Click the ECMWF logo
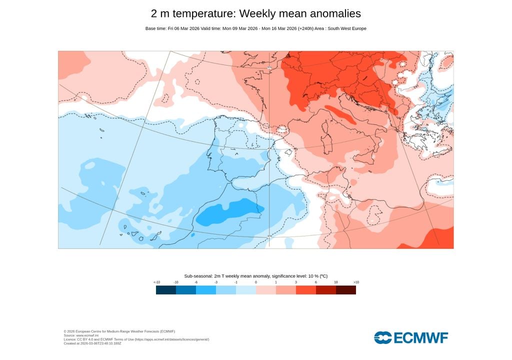[411, 337]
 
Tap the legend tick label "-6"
[196, 282]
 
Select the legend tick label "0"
[256, 282]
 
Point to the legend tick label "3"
[296, 282]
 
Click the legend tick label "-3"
[216, 282]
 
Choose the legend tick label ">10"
[356, 282]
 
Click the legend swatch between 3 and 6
[306, 289]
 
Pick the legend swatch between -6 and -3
[206, 289]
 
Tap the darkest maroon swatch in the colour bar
[346, 289]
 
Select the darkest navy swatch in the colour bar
[166, 289]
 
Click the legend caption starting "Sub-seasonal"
[256, 276]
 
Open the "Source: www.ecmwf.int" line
[80, 335]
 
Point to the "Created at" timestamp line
[92, 343]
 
